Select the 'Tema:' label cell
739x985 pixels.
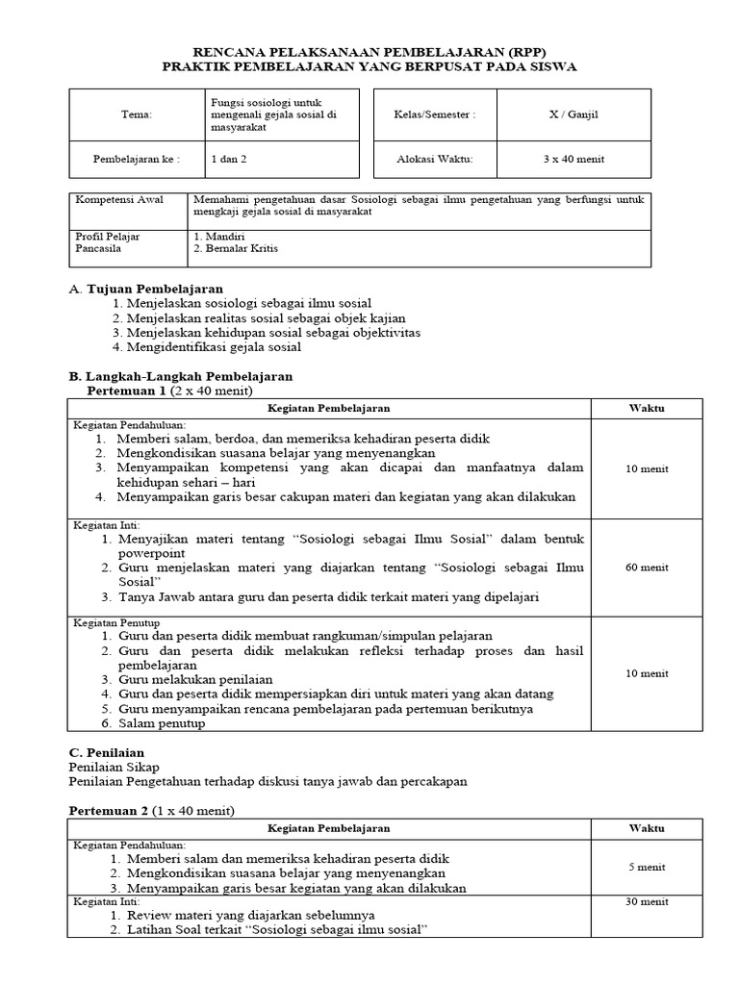click(x=137, y=114)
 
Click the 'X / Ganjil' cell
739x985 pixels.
click(x=573, y=114)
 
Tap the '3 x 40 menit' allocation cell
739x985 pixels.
click(x=573, y=159)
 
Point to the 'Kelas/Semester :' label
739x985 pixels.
click(x=435, y=114)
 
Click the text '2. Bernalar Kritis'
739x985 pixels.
click(x=237, y=248)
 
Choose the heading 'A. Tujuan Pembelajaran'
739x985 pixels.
click(x=146, y=289)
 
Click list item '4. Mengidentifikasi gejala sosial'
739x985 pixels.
click(x=206, y=347)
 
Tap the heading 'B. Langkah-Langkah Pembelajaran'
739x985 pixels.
click(x=181, y=376)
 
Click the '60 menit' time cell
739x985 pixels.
click(x=647, y=568)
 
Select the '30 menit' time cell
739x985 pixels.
click(x=647, y=901)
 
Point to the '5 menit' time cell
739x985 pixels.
click(x=647, y=867)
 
